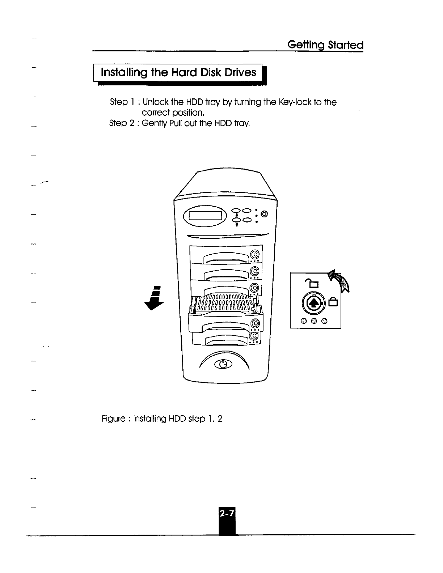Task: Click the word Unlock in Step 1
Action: pyautogui.click(x=155, y=102)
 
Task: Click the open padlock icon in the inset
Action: pyautogui.click(x=311, y=282)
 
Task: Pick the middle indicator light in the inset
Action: pyautogui.click(x=314, y=321)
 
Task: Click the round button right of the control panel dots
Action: pyautogui.click(x=264, y=215)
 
